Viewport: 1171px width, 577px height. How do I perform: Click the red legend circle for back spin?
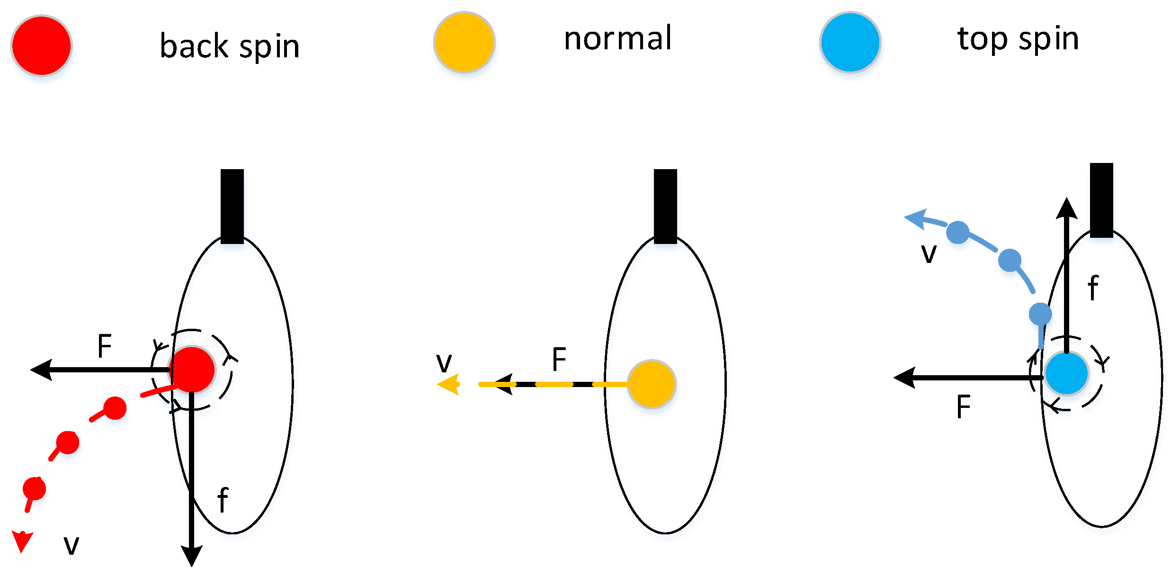click(42, 45)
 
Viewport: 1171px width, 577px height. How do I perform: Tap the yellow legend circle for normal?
click(465, 42)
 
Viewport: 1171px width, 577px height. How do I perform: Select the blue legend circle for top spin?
click(850, 42)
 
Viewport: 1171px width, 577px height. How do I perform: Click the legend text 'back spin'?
click(230, 46)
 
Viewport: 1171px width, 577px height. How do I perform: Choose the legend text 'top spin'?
click(1018, 39)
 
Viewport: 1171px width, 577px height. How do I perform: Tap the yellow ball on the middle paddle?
click(652, 384)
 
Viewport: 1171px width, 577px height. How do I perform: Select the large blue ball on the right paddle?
click(1066, 373)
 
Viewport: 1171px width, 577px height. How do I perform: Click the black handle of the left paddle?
click(232, 206)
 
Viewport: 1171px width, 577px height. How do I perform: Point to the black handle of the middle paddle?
click(665, 206)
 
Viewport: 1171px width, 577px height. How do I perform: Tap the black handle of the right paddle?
click(1101, 200)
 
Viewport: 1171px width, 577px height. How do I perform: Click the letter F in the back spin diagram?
click(104, 346)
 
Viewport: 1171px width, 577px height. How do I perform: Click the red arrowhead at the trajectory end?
click(22, 541)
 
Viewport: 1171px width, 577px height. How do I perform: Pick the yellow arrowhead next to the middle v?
click(449, 384)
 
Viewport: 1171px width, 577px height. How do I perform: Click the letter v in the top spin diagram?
click(929, 253)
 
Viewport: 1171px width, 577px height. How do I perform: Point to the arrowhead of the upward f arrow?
click(1066, 208)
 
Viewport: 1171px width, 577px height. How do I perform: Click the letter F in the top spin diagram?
click(963, 406)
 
